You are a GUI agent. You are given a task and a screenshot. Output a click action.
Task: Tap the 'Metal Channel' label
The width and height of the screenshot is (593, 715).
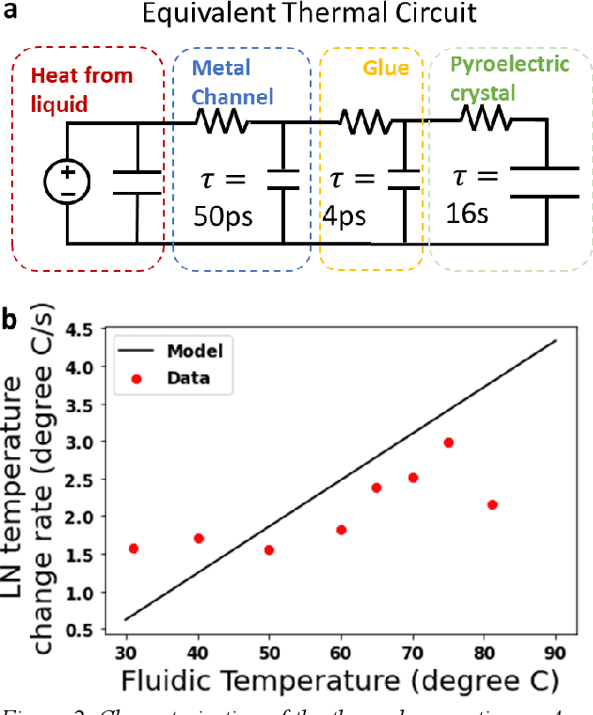tap(232, 82)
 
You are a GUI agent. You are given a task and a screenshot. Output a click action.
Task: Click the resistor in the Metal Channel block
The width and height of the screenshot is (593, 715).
tap(221, 120)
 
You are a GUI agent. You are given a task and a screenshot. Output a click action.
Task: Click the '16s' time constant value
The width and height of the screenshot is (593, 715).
tap(468, 214)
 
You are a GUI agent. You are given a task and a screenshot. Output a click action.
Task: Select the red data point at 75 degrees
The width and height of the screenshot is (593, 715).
tap(449, 442)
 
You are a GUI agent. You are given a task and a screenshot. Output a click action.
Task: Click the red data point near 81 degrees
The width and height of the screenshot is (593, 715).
tap(492, 505)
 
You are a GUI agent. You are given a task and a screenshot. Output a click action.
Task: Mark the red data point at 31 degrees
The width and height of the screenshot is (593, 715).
tap(134, 548)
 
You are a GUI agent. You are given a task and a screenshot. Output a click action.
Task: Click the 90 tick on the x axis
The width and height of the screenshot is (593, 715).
tap(555, 655)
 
